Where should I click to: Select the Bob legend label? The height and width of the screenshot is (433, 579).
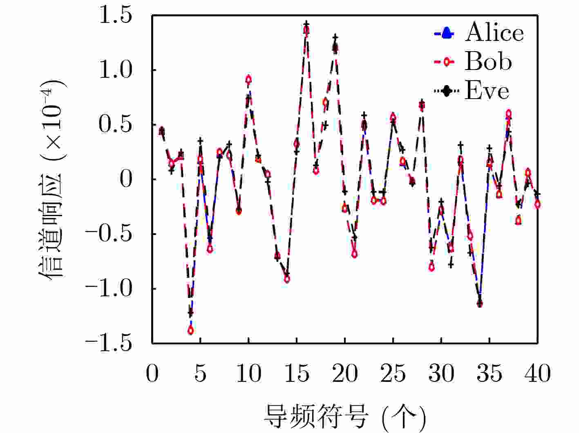click(x=488, y=62)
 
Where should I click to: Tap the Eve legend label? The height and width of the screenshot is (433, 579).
click(x=487, y=91)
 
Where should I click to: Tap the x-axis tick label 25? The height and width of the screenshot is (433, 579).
click(x=393, y=373)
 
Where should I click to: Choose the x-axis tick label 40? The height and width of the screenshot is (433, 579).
click(x=538, y=373)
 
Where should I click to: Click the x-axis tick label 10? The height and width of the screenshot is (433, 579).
click(x=248, y=373)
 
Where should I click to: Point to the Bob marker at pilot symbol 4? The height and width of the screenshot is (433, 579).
click(x=191, y=330)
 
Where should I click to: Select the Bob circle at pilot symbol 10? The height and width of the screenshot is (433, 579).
click(x=248, y=79)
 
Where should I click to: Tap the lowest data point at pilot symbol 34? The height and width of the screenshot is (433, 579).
click(x=480, y=304)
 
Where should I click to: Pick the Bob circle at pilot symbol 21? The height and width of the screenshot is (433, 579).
click(x=355, y=254)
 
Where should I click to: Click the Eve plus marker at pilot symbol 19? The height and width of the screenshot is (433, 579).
click(x=335, y=37)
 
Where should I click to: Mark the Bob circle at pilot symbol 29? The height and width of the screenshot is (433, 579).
click(x=431, y=267)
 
